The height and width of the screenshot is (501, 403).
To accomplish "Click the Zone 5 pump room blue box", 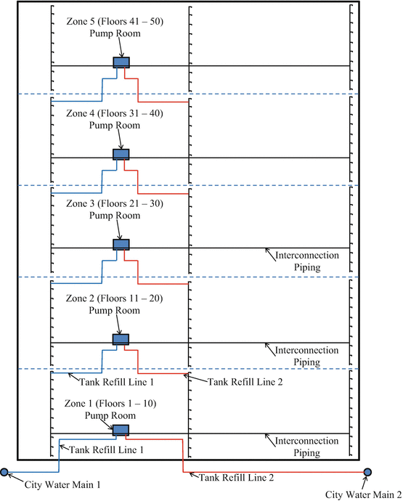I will point(121,62).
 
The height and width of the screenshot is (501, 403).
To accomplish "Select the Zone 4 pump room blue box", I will point(121,154).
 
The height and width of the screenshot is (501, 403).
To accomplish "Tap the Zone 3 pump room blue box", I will point(121,245).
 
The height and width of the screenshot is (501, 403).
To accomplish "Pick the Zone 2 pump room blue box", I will point(121,339).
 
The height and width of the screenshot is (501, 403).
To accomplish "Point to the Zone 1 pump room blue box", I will point(121,431).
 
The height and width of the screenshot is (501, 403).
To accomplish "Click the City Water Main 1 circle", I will point(4,473).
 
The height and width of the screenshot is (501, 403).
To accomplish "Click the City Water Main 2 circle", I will point(367,473).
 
